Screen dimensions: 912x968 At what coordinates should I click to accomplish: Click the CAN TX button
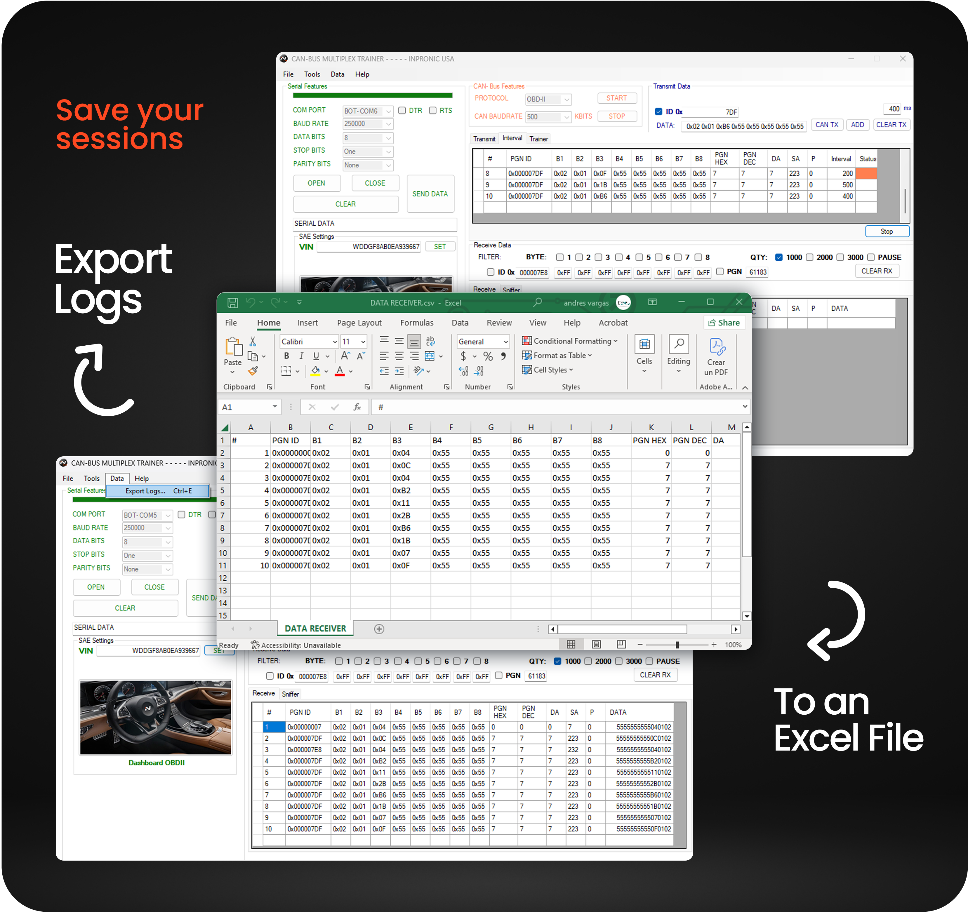tap(827, 125)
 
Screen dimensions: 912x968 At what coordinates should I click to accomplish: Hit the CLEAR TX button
tap(891, 125)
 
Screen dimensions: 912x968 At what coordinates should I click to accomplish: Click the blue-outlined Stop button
tap(887, 231)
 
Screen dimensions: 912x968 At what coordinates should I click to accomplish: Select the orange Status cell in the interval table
tap(866, 173)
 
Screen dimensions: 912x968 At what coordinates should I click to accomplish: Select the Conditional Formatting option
tap(570, 341)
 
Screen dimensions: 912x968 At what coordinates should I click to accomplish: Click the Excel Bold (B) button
tap(286, 356)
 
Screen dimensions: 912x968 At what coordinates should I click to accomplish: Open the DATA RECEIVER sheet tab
tap(315, 628)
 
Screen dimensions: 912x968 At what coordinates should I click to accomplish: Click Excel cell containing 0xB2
tap(401, 490)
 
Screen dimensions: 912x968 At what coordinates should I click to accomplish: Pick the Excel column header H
tap(531, 427)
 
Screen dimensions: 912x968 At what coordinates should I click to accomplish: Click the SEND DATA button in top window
tap(430, 194)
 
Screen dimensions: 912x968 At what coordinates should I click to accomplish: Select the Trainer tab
tap(538, 139)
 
